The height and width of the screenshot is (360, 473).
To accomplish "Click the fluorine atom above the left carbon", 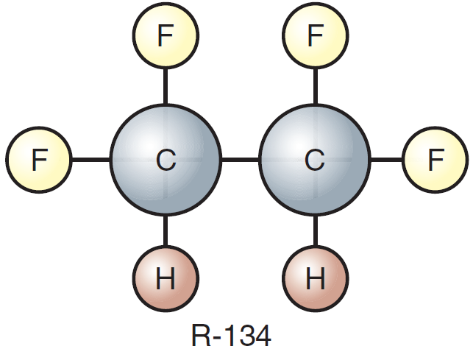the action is tap(166, 35).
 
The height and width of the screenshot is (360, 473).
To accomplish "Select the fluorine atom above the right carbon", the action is tap(316, 35).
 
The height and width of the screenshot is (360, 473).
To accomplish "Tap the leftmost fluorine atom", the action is tap(39, 160).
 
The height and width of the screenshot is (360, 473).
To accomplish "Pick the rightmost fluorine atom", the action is tap(435, 160).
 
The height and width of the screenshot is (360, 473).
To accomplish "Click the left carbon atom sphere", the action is tap(166, 160).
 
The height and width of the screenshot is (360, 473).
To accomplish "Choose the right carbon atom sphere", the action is tap(315, 160).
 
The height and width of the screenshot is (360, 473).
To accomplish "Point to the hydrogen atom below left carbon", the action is tap(166, 278).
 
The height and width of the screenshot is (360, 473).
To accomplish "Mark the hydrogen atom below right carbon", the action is tap(316, 278).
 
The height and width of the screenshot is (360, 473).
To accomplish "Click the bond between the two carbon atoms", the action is tap(240, 159).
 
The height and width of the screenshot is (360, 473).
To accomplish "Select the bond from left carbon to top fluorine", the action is tap(166, 86).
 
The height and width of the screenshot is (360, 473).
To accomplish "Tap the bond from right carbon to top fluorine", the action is tap(316, 86).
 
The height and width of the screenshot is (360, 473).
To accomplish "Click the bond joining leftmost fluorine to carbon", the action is tap(91, 159).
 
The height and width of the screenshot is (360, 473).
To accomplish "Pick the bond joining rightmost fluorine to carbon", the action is tap(386, 159).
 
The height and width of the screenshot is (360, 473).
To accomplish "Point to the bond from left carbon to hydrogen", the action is tap(166, 230).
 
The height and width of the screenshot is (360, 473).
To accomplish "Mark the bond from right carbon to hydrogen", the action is tap(316, 230).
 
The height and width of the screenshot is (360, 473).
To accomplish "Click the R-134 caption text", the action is tap(232, 335).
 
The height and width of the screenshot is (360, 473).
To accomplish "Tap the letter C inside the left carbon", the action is tap(166, 160).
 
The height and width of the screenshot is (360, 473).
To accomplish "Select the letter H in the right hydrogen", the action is tap(316, 278).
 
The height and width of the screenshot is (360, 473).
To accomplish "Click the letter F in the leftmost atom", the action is tap(40, 160).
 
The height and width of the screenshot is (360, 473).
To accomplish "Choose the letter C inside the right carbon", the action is tap(315, 160).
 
